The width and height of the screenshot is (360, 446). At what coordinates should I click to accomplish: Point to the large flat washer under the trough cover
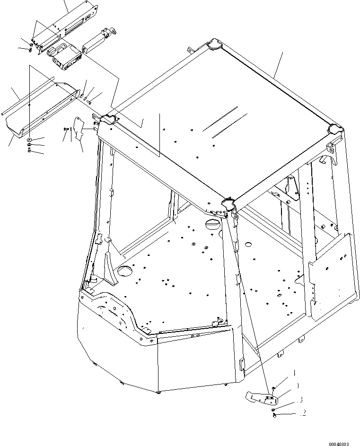tap(29, 140)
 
